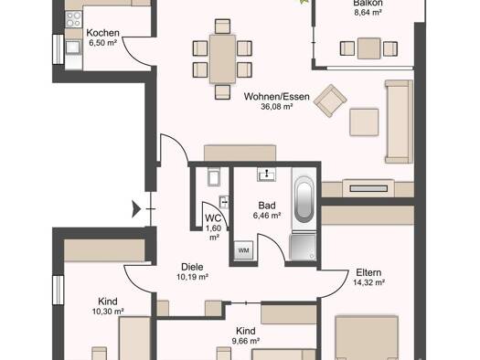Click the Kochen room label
point(102,33)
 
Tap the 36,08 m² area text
point(277,107)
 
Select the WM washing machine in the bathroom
point(244,250)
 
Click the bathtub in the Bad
point(304,198)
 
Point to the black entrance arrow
point(136,209)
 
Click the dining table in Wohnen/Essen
point(222,59)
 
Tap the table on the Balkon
point(368,48)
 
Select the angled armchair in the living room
point(330,101)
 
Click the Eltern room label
point(368,272)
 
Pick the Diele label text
point(192,267)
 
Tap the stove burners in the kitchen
point(74,19)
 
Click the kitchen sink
point(73,48)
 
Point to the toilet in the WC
point(214,176)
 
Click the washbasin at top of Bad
point(267,175)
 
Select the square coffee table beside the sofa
point(364,122)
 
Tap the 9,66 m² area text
point(246,341)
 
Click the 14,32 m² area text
point(368,282)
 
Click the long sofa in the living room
point(399,122)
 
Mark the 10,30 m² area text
point(108,312)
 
